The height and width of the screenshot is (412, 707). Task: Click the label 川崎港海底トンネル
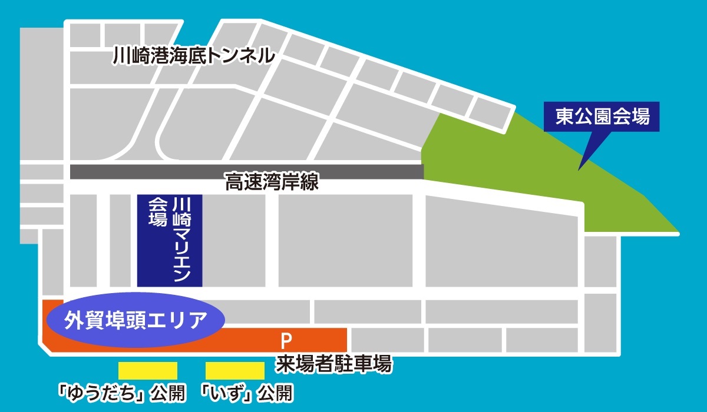[194, 56]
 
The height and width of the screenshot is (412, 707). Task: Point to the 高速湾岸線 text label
[272, 182]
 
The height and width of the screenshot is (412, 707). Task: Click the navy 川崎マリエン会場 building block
[170, 240]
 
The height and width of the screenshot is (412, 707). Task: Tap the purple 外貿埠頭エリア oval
[136, 321]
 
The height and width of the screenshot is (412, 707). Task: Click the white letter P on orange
[286, 340]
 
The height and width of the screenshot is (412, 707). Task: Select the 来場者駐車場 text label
[334, 364]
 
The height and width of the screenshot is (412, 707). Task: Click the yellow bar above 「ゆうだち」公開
[148, 370]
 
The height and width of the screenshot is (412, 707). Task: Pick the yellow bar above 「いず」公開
[235, 370]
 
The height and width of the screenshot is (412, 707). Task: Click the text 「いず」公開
[247, 392]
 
